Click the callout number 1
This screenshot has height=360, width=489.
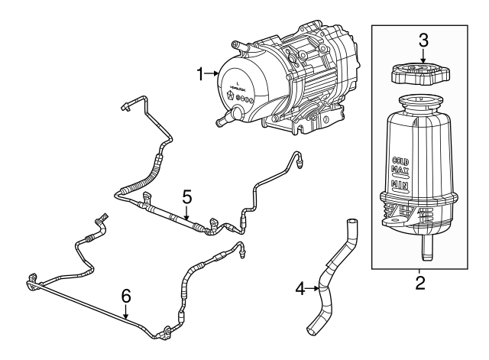(201, 74)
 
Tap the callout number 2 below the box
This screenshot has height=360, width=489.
(419, 285)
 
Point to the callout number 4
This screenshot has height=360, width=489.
(300, 288)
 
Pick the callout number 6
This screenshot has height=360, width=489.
(127, 294)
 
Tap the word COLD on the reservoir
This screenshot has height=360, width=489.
(403, 162)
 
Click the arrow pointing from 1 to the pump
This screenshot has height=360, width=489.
(213, 74)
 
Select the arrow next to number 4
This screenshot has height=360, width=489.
(312, 288)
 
